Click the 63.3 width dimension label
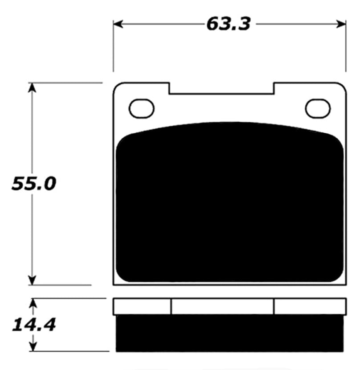228,24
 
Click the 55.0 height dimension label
34,183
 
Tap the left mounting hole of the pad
141,108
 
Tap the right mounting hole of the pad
318,108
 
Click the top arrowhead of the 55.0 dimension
32,87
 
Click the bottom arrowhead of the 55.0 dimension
32,280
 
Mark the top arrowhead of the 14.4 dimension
33,303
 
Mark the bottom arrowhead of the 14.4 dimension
33,347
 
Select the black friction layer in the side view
230,333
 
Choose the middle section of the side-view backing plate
222,306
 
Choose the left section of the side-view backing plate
142,306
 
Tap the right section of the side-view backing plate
310,306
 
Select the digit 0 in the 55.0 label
49,183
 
